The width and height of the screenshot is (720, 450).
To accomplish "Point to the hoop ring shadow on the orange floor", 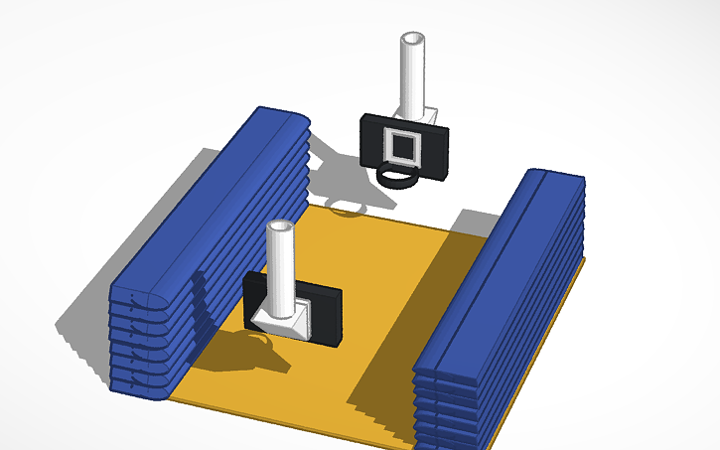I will point(347,209).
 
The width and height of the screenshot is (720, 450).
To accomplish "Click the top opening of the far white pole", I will point(412,39).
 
